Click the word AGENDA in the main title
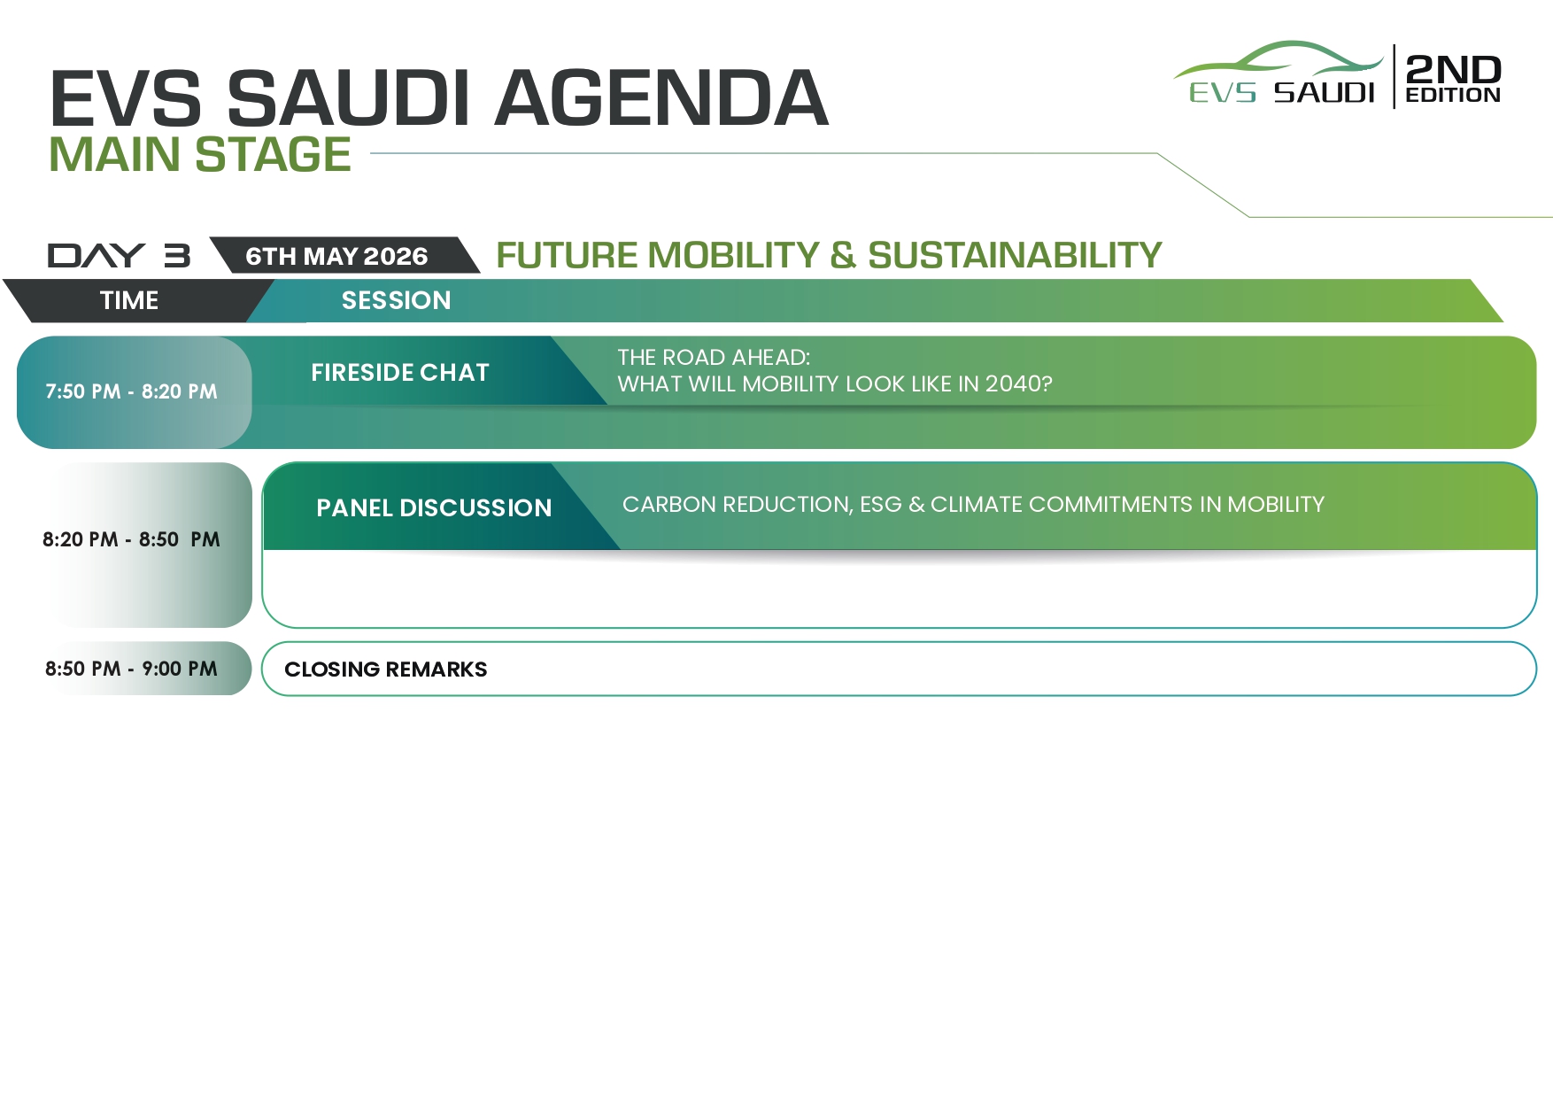661,97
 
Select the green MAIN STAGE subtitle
200,154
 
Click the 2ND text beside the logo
1453,69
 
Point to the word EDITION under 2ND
1453,95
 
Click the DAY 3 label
119,256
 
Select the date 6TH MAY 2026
336,256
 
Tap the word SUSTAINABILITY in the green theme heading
1015,255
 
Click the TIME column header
129,300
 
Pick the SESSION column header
396,300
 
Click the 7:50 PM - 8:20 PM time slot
131,391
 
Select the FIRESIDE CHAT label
400,372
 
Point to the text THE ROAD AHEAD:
714,357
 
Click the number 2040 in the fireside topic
1013,383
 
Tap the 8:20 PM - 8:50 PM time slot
131,539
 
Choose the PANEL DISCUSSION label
434,507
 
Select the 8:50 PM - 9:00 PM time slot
131,669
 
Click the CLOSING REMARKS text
385,669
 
